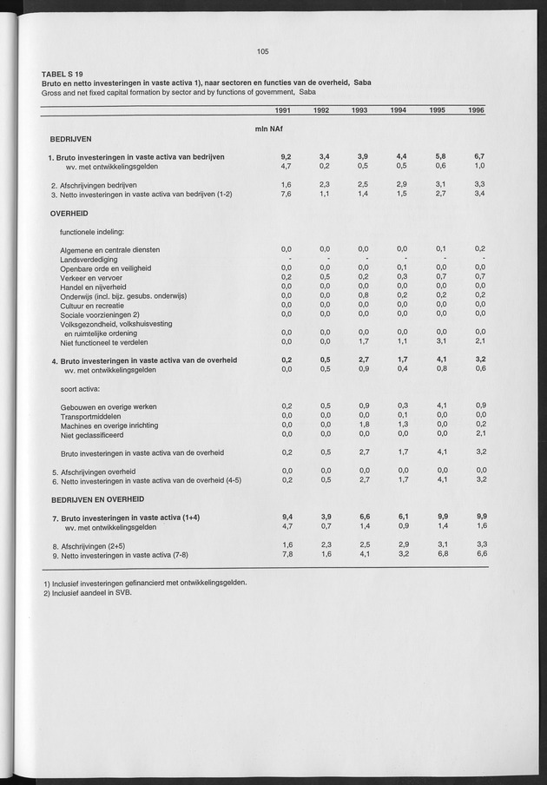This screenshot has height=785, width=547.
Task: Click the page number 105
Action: [263, 51]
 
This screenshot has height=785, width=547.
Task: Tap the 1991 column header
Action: [282, 110]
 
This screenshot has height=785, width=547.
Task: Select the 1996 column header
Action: [476, 110]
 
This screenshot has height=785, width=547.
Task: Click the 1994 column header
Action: [399, 110]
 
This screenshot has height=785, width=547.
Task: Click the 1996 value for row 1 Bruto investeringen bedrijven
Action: [479, 156]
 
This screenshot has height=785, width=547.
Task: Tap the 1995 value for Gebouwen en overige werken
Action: [440, 406]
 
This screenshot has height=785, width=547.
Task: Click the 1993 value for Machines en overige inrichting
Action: [363, 424]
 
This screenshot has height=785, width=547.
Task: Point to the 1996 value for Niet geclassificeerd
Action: [479, 433]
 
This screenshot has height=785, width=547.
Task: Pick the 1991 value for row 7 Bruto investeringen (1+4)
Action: [285, 518]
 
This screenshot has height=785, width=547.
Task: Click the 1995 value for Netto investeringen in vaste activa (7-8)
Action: [440, 554]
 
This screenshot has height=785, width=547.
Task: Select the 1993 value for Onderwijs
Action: [363, 295]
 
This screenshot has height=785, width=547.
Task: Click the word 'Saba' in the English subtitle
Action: [307, 91]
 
